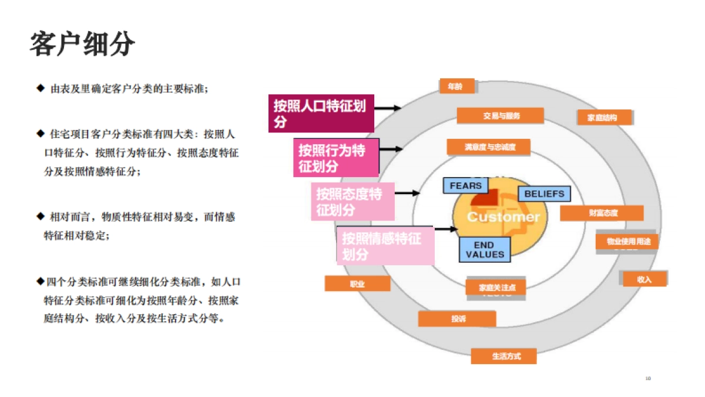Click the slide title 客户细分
pos(82,44)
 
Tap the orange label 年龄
pos(456,86)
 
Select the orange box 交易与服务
pos(501,116)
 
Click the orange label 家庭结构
pos(605,117)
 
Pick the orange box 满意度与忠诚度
pos(489,147)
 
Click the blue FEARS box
pos(465,186)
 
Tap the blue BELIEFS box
pos(543,194)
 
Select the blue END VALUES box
pos(485,249)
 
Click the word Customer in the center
pos(503,217)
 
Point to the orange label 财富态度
pos(601,213)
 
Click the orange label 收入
pos(644,279)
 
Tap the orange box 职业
pos(357,283)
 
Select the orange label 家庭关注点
pos(496,288)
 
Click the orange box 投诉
pos(457,319)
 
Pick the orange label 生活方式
pos(503,356)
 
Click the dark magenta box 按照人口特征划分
pos(321,114)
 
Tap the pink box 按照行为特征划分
pos(335,158)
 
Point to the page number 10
pos(648,378)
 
